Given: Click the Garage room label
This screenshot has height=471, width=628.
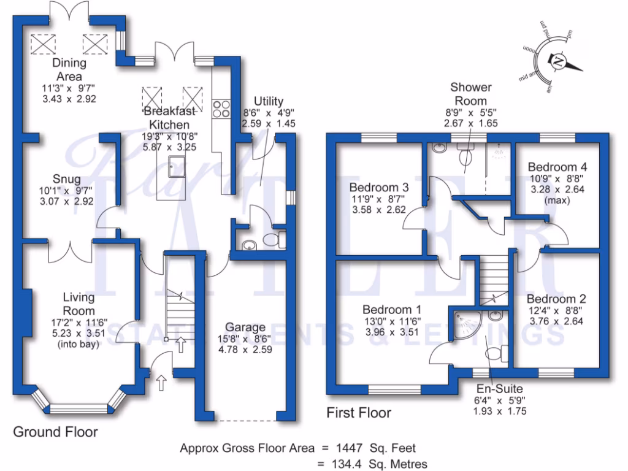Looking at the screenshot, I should tap(245, 327).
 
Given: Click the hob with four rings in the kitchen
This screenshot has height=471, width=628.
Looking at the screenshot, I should tap(221, 108).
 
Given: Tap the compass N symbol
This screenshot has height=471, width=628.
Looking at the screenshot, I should tap(558, 63).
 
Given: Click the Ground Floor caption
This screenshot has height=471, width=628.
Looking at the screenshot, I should tap(55, 432).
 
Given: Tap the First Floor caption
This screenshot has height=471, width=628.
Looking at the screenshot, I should tap(359, 413).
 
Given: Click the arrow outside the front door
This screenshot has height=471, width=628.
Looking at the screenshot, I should tap(161, 383).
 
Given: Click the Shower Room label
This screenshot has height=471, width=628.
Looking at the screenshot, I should tap(470, 94).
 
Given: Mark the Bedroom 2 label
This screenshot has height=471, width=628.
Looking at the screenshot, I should tap(556, 299).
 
